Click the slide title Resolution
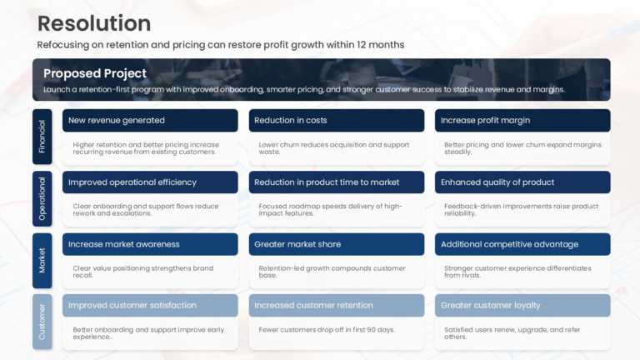coord(94,23)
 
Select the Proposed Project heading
coord(95,73)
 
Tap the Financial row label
coord(42,137)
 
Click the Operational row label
coord(42,198)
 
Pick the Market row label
coord(42,260)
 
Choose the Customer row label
coord(42,322)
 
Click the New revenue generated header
coord(117,120)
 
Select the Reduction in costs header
coord(291,120)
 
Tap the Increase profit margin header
coord(485,120)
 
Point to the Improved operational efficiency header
coord(132,182)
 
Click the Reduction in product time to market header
coord(327,182)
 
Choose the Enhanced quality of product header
coord(497,182)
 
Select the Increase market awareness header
coord(124,244)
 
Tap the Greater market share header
coord(297,244)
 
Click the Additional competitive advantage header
coord(509,244)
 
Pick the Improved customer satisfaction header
coord(132,305)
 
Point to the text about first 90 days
coord(327,329)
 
